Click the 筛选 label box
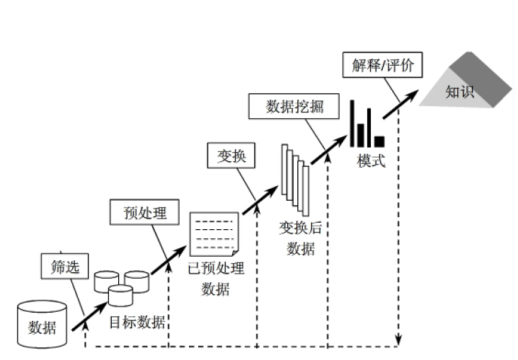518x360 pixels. (x=60, y=267)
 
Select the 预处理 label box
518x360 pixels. (x=145, y=212)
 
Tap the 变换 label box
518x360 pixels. (x=231, y=156)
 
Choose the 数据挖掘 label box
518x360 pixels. (x=294, y=107)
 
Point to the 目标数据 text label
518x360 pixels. (x=137, y=323)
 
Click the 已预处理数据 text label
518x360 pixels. (x=216, y=279)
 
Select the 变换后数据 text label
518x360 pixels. (x=301, y=238)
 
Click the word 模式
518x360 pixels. (x=371, y=161)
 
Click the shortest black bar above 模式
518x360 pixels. (x=379, y=141)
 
